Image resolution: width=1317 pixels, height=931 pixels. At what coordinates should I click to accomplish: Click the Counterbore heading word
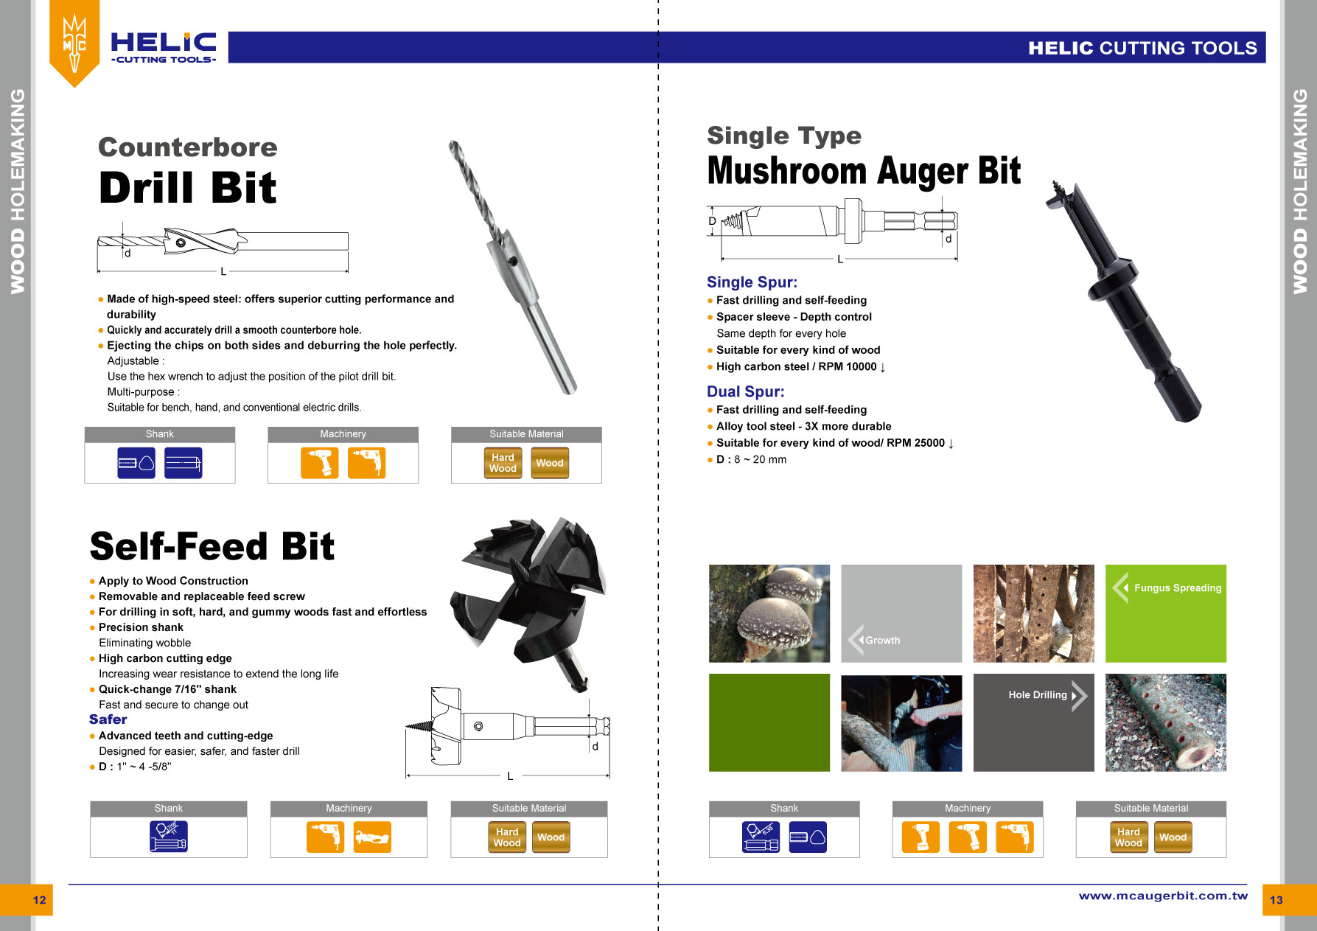click(x=188, y=147)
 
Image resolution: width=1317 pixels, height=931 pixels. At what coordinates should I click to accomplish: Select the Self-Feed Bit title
click(x=212, y=547)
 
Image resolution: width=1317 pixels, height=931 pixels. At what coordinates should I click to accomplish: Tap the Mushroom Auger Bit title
click(x=864, y=171)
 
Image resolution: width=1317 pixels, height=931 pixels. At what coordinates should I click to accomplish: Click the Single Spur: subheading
click(x=752, y=282)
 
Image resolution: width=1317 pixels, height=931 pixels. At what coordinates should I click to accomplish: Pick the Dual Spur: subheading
click(x=745, y=391)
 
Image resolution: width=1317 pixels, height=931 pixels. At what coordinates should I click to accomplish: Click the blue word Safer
click(x=108, y=719)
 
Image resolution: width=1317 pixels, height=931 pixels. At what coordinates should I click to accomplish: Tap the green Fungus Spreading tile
click(x=1166, y=613)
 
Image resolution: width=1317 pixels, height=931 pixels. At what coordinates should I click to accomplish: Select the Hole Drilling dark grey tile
click(x=1033, y=722)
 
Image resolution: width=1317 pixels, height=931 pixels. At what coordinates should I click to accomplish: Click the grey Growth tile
click(x=901, y=613)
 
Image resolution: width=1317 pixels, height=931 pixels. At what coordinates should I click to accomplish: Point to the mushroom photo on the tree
click(x=769, y=613)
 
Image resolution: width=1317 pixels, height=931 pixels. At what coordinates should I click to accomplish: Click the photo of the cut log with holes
click(x=1166, y=722)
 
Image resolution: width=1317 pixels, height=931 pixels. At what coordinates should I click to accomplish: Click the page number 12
click(x=39, y=900)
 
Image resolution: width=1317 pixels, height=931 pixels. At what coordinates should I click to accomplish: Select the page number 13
click(x=1276, y=900)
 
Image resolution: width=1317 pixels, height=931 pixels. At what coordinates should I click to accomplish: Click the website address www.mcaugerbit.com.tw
click(x=1163, y=896)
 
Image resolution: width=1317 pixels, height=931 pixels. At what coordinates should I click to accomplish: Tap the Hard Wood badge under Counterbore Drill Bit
click(x=503, y=463)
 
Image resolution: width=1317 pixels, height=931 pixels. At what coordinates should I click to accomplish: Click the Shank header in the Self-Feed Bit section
click(x=169, y=809)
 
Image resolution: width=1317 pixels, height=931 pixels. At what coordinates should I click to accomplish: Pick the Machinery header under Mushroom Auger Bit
click(x=968, y=809)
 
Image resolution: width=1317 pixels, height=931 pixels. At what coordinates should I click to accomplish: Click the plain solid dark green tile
click(x=769, y=722)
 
